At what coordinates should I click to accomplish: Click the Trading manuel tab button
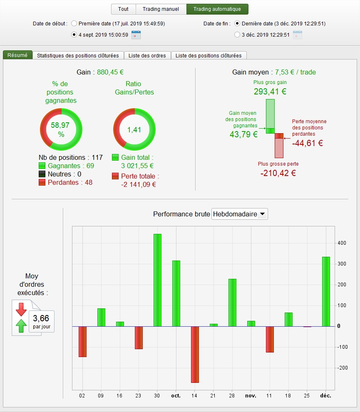[161, 9]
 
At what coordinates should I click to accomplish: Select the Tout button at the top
[123, 9]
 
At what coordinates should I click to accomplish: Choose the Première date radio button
[74, 23]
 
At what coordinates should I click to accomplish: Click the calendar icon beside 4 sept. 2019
[136, 35]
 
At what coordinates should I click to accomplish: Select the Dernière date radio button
[237, 23]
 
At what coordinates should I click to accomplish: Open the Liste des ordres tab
[147, 55]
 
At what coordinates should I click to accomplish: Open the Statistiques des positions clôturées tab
[78, 55]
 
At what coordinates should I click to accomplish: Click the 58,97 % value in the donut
[60, 129]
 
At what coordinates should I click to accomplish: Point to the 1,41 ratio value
[134, 130]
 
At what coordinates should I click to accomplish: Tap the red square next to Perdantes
[42, 182]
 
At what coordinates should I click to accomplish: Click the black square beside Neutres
[42, 174]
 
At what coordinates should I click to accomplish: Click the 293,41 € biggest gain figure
[270, 92]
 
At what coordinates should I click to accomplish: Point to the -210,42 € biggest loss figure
[278, 173]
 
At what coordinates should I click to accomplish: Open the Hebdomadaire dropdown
[240, 214]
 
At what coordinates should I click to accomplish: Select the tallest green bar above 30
[157, 280]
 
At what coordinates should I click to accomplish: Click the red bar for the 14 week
[195, 355]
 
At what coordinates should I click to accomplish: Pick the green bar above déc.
[326, 292]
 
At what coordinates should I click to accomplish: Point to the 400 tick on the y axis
[342, 243]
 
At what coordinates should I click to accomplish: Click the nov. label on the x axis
[251, 396]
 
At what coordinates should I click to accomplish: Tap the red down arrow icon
[21, 309]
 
